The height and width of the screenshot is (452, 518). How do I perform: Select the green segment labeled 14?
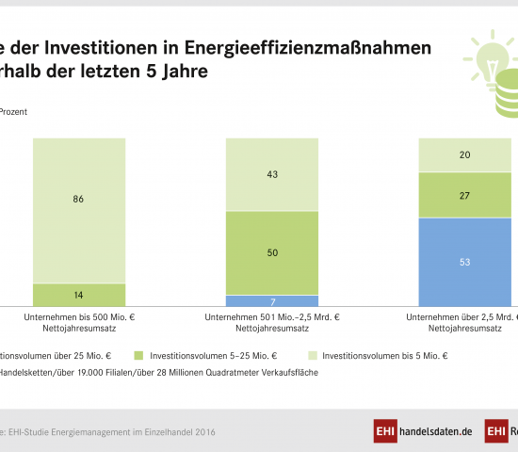(79, 295)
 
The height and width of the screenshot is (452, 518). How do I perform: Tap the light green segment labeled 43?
(272, 174)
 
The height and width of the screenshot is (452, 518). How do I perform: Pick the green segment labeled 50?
(272, 253)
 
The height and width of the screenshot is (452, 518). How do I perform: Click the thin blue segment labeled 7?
(272, 300)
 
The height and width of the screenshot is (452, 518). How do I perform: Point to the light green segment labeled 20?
(465, 155)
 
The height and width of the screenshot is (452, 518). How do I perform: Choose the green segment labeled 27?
(465, 195)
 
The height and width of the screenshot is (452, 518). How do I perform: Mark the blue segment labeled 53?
(465, 262)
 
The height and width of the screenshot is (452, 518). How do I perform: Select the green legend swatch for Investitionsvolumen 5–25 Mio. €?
(138, 356)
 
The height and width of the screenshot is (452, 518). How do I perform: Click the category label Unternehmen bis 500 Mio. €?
(79, 317)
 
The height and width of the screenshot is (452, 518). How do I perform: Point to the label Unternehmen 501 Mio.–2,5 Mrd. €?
(272, 317)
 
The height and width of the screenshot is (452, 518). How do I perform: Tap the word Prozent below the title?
(13, 111)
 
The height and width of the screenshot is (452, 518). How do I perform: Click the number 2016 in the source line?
(204, 431)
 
